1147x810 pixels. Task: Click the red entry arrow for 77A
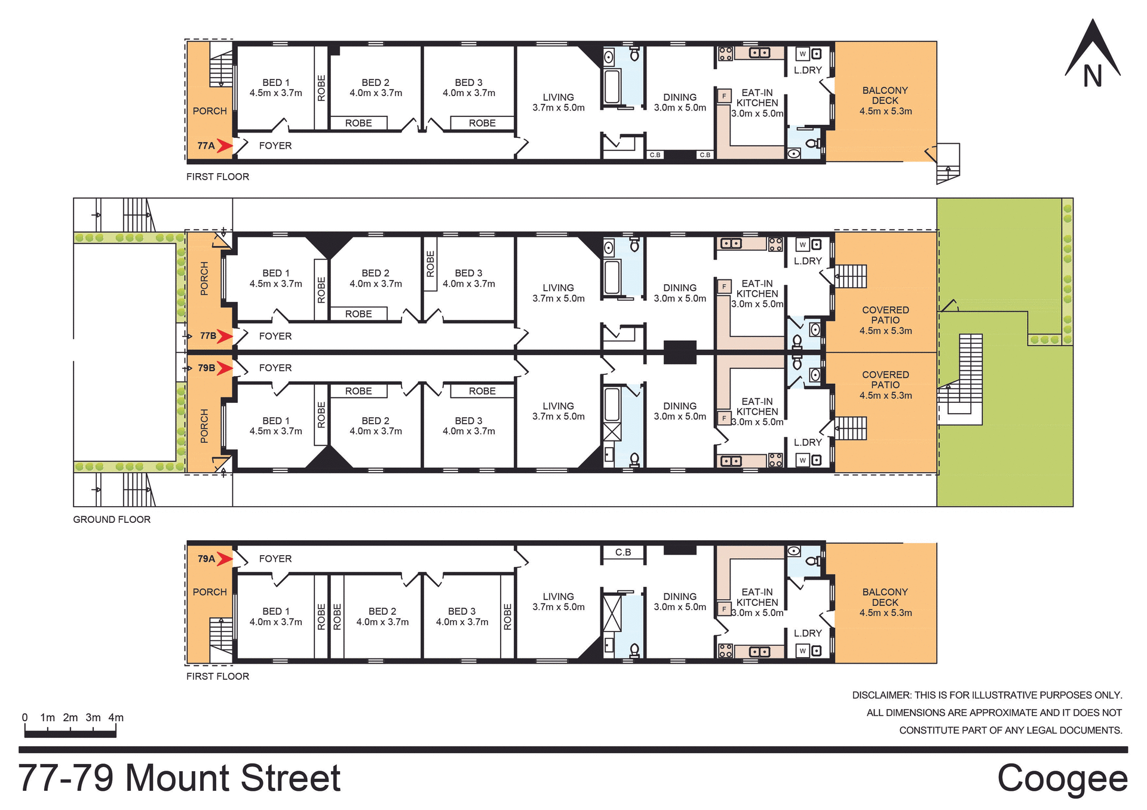pyautogui.click(x=225, y=146)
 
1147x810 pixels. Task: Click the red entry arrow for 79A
pyautogui.click(x=225, y=559)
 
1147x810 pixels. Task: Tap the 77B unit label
pyautogui.click(x=207, y=336)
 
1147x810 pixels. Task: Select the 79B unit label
pyautogui.click(x=206, y=368)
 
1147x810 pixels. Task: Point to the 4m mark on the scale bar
pyautogui.click(x=115, y=718)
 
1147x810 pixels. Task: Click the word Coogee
pyautogui.click(x=1062, y=778)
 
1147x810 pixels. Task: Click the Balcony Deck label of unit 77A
pyautogui.click(x=885, y=100)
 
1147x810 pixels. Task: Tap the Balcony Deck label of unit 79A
pyautogui.click(x=885, y=602)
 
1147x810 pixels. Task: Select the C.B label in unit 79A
pyautogui.click(x=623, y=552)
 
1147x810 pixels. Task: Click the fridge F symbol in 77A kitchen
pyautogui.click(x=724, y=96)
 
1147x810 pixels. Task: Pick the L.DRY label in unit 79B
pyautogui.click(x=808, y=442)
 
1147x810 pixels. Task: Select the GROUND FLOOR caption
pyautogui.click(x=112, y=519)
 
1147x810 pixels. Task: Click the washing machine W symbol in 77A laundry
pyautogui.click(x=802, y=54)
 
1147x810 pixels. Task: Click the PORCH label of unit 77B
pyautogui.click(x=204, y=278)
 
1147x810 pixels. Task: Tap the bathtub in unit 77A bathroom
pyautogui.click(x=612, y=87)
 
